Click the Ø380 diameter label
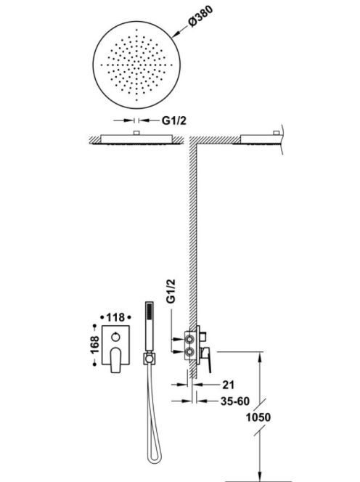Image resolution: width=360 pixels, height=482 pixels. click(200, 17)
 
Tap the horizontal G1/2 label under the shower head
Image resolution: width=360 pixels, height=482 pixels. click(174, 120)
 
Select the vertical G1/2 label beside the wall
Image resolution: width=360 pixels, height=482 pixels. click(171, 291)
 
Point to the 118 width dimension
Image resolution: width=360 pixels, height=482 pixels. click(115, 317)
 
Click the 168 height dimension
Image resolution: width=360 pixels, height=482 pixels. click(94, 345)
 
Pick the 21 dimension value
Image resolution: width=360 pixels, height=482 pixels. click(228, 385)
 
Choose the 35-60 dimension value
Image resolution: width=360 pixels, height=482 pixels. click(235, 401)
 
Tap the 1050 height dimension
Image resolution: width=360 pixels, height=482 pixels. click(258, 417)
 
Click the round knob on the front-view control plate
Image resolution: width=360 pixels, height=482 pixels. click(115, 338)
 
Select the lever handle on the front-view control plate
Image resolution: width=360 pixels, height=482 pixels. click(115, 359)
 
